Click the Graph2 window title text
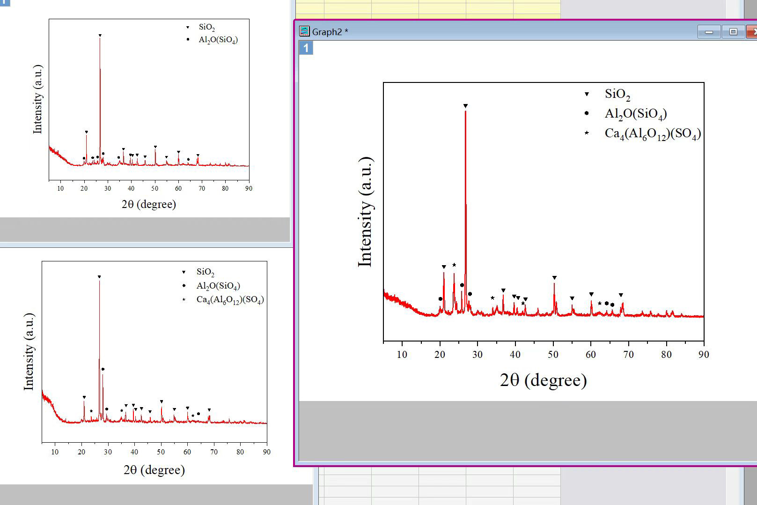[x=330, y=32]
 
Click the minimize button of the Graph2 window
[x=709, y=32]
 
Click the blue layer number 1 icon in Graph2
[x=306, y=48]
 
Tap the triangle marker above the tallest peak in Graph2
[x=465, y=106]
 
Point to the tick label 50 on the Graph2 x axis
[x=553, y=355]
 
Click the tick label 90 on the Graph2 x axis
[x=704, y=355]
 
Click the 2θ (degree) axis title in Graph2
[x=544, y=380]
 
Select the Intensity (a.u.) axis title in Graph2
[x=365, y=212]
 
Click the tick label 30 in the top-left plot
[x=108, y=188]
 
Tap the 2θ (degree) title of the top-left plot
[x=149, y=204]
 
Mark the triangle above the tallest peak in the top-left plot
[x=100, y=36]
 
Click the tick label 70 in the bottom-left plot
[x=213, y=452]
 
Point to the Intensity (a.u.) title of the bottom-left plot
[x=29, y=352]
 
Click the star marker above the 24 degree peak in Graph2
[x=454, y=265]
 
